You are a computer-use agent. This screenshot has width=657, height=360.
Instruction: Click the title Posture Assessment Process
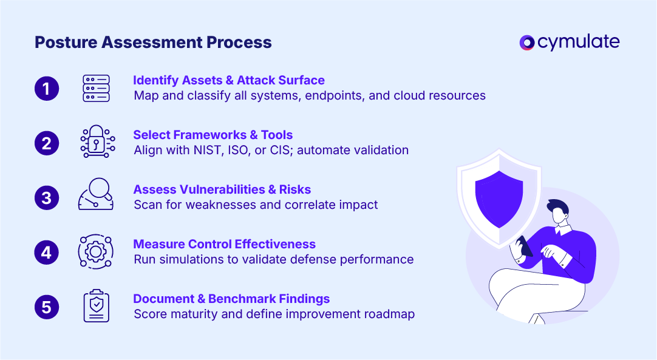coord(153,42)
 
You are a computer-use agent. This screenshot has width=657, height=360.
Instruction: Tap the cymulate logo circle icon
coord(526,42)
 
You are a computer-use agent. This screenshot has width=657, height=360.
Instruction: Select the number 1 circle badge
coord(47,89)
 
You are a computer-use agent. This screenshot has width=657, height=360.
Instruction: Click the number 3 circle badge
coord(47,198)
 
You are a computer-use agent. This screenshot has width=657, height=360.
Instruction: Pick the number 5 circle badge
coord(47,307)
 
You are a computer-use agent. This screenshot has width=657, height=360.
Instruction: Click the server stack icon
coord(96,89)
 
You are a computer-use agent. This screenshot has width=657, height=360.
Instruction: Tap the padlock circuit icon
coord(97,141)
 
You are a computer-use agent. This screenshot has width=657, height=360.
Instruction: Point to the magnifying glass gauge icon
coord(96,194)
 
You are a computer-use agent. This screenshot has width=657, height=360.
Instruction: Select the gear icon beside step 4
coord(95,251)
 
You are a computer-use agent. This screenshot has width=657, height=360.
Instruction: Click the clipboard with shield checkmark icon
coord(97,305)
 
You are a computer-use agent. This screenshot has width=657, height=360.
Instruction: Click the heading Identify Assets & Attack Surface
coord(229,80)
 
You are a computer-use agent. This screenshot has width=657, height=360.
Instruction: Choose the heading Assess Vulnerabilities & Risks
coord(222,189)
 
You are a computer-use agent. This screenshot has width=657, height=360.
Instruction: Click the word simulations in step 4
coord(191,259)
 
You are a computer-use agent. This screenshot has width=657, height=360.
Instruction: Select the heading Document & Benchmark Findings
coord(231,299)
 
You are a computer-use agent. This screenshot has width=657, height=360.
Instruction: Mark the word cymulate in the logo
coord(578,42)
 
